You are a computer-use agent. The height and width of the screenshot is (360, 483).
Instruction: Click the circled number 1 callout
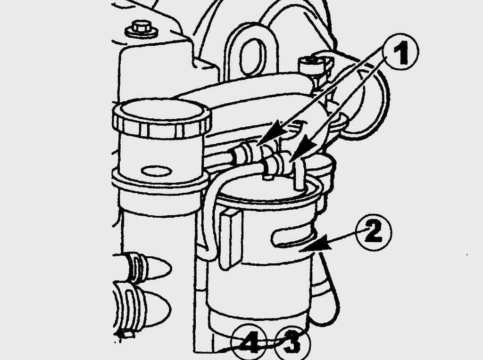(x=400, y=52)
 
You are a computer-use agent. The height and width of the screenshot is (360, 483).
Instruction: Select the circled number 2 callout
(x=374, y=232)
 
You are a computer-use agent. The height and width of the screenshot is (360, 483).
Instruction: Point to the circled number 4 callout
(x=249, y=342)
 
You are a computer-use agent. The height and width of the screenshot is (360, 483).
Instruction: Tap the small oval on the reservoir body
(x=156, y=171)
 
